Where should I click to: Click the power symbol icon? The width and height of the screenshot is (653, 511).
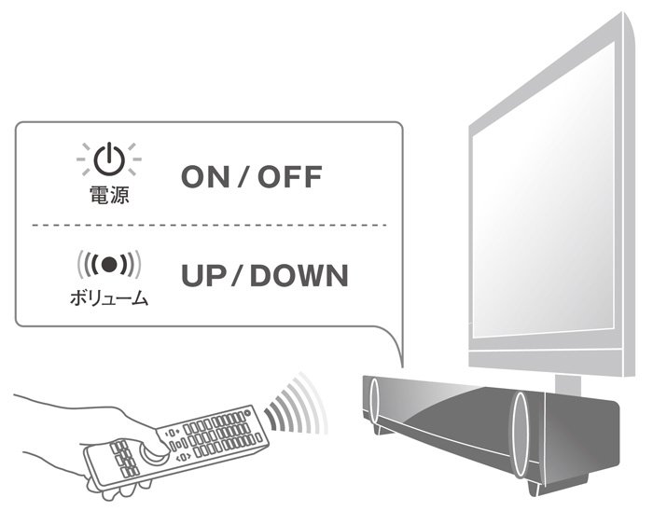[109, 160]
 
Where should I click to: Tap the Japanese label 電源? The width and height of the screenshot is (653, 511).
[109, 196]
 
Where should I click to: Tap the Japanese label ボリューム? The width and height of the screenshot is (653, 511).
[109, 300]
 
